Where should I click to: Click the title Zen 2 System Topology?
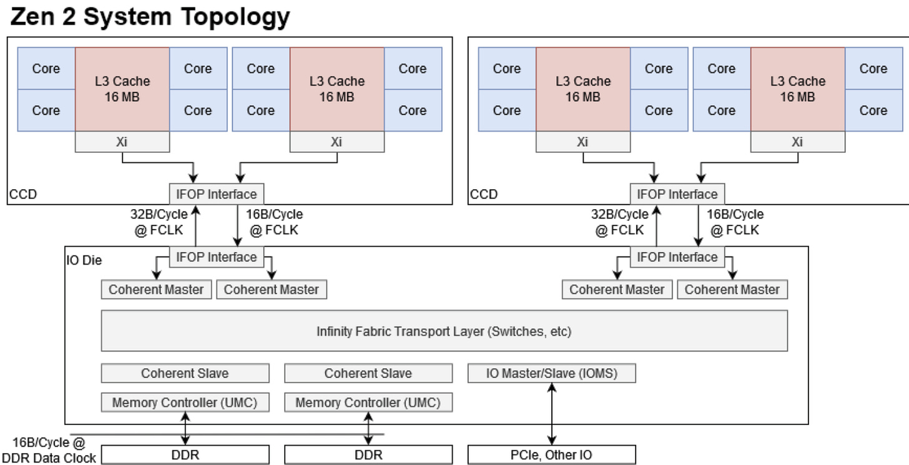pyautogui.click(x=150, y=17)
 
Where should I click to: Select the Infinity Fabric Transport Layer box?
pyautogui.click(x=444, y=331)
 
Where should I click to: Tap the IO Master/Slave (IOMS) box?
pyautogui.click(x=551, y=373)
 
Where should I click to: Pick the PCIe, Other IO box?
pyautogui.click(x=551, y=454)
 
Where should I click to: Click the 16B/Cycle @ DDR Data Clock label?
pyautogui.click(x=48, y=451)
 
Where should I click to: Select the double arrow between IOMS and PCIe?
pyautogui.click(x=551, y=414)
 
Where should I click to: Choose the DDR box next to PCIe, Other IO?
pyautogui.click(x=368, y=454)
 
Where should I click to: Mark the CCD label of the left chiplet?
pyautogui.click(x=23, y=194)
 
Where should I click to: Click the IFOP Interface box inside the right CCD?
pyautogui.click(x=677, y=193)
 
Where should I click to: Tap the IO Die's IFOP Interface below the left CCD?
pyautogui.click(x=216, y=257)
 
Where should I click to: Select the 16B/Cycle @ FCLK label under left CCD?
pyautogui.click(x=273, y=222)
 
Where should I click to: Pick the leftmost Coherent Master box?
pyautogui.click(x=156, y=290)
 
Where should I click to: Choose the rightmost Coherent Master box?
pyautogui.click(x=732, y=290)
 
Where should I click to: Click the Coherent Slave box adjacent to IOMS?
pyautogui.click(x=368, y=373)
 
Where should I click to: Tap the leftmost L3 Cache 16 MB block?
pyautogui.click(x=122, y=89)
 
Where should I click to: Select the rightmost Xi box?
pyautogui.click(x=797, y=142)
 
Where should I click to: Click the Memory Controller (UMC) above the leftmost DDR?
pyautogui.click(x=185, y=403)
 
